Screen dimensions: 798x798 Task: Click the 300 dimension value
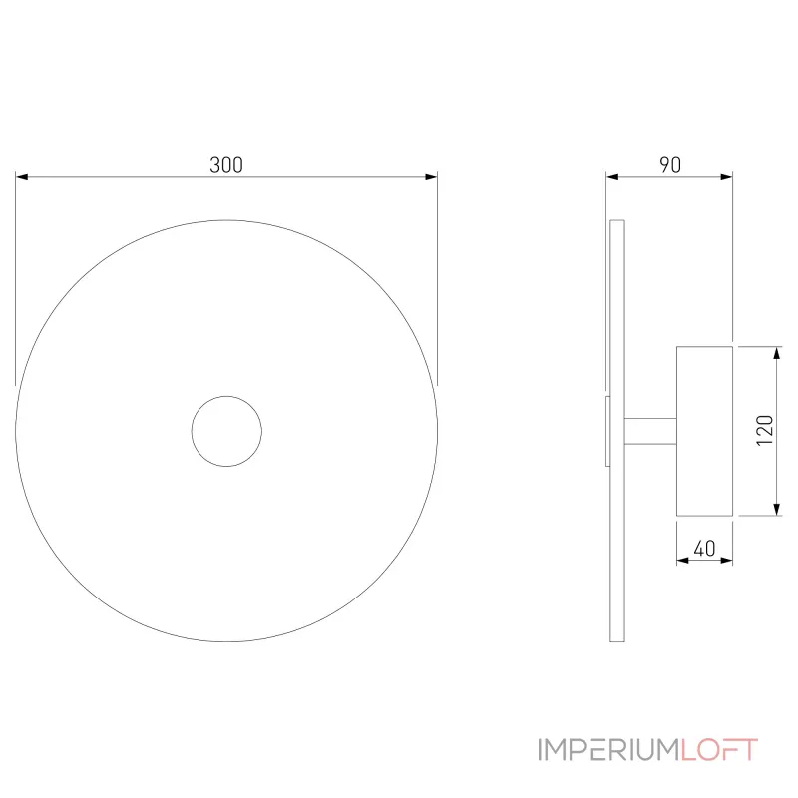pos(226,166)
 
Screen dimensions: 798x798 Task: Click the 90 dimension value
pos(670,166)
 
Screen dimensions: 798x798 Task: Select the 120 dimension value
pos(765,430)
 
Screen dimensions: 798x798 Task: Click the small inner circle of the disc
pos(226,431)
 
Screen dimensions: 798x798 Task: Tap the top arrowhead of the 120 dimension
pos(777,353)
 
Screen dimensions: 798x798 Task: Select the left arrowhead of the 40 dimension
pos(682,560)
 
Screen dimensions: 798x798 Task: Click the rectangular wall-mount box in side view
pos(704,431)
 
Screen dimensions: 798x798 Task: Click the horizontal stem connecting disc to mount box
pos(650,430)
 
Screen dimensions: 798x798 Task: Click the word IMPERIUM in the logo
pos(609,750)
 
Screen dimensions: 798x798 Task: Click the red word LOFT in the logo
pos(720,750)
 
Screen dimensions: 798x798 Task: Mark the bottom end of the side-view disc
pos(617,638)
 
